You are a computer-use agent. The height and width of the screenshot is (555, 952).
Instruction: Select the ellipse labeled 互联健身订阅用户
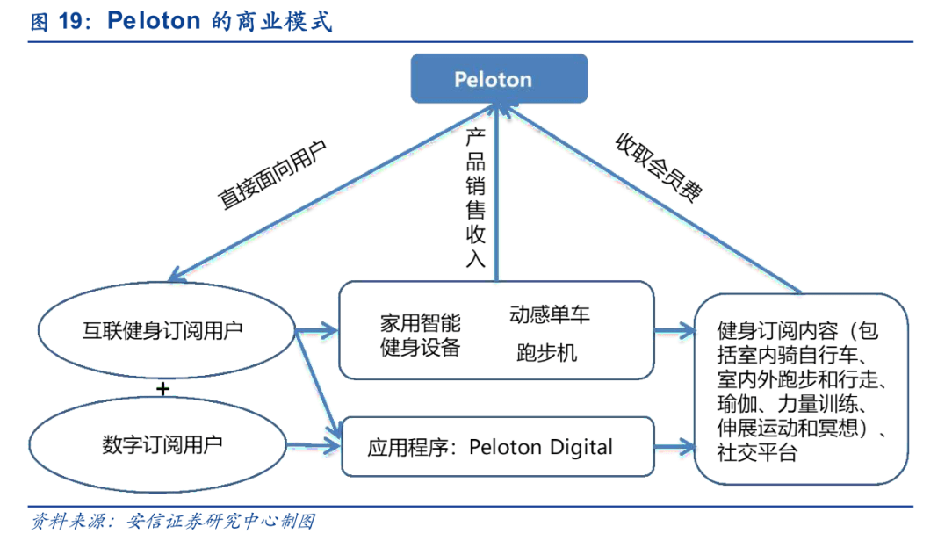(x=162, y=331)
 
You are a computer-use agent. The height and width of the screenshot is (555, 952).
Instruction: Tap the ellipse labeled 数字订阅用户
(x=162, y=444)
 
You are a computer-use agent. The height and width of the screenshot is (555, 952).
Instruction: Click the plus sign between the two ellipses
(x=162, y=388)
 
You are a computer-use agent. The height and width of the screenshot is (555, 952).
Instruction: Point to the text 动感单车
(x=550, y=314)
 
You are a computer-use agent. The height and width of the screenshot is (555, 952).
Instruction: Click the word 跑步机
(x=546, y=353)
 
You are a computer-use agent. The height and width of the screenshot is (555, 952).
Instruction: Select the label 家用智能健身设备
(x=420, y=335)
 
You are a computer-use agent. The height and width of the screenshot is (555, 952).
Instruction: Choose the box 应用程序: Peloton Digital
(x=496, y=447)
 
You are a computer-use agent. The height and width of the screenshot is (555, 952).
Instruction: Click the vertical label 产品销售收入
(x=475, y=198)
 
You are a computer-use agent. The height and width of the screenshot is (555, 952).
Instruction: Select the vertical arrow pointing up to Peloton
(x=497, y=193)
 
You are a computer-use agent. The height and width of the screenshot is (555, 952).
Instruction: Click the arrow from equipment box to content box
(x=674, y=331)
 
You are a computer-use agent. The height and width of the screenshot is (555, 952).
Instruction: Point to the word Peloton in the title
(x=154, y=21)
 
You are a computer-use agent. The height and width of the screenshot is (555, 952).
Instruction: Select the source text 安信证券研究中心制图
(x=220, y=522)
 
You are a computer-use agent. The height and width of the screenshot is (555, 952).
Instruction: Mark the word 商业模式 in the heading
(x=284, y=22)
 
